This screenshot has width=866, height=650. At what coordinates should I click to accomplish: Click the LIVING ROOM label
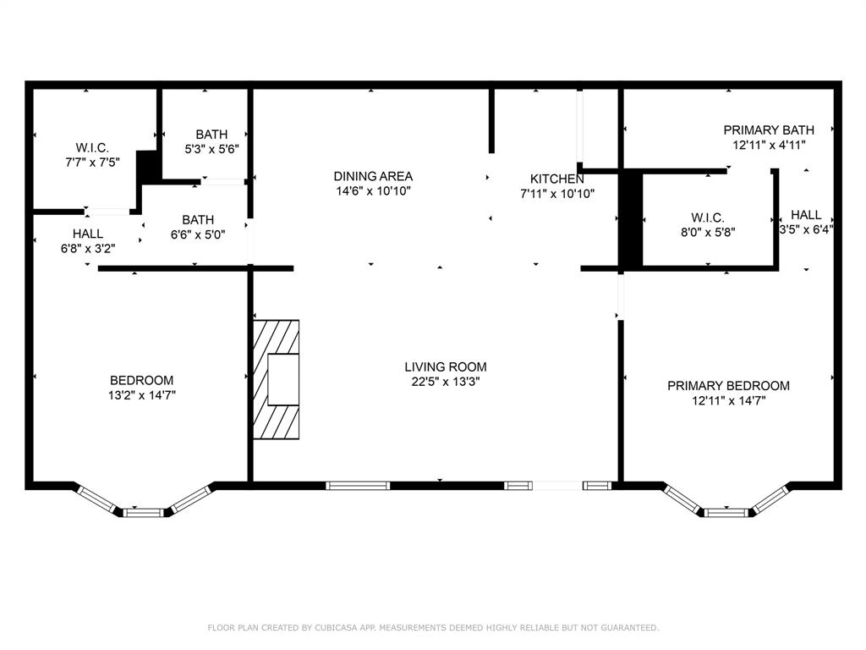coord(445,366)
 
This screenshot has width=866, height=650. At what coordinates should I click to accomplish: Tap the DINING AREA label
coord(373,176)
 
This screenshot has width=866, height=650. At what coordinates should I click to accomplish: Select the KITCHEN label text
coord(556,179)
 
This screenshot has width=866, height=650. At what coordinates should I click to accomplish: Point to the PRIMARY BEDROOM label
coord(728,386)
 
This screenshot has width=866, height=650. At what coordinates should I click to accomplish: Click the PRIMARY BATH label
coord(768,129)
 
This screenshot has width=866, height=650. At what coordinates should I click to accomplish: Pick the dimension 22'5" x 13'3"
coord(445,381)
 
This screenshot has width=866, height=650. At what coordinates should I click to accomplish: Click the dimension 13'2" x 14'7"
coord(141,394)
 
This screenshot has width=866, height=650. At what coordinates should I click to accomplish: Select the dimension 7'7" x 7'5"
coord(92,161)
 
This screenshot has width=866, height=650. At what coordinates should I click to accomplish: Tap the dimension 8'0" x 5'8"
coord(707,231)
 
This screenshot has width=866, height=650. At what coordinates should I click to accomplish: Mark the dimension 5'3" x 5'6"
coord(211,148)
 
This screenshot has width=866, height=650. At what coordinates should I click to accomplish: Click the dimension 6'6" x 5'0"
coord(197,234)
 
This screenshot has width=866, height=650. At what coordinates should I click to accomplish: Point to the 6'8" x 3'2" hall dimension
coord(87,248)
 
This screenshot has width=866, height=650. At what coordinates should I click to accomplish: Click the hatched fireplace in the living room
coord(277,379)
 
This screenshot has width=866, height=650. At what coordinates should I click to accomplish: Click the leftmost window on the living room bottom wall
coord(358,486)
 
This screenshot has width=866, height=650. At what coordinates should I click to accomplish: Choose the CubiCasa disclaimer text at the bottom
coord(433,627)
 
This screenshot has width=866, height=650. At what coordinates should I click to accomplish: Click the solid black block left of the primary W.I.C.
coord(631,219)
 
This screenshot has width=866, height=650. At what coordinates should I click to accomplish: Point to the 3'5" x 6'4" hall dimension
coord(805,229)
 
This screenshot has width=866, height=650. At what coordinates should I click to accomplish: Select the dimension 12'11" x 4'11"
coord(768,145)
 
